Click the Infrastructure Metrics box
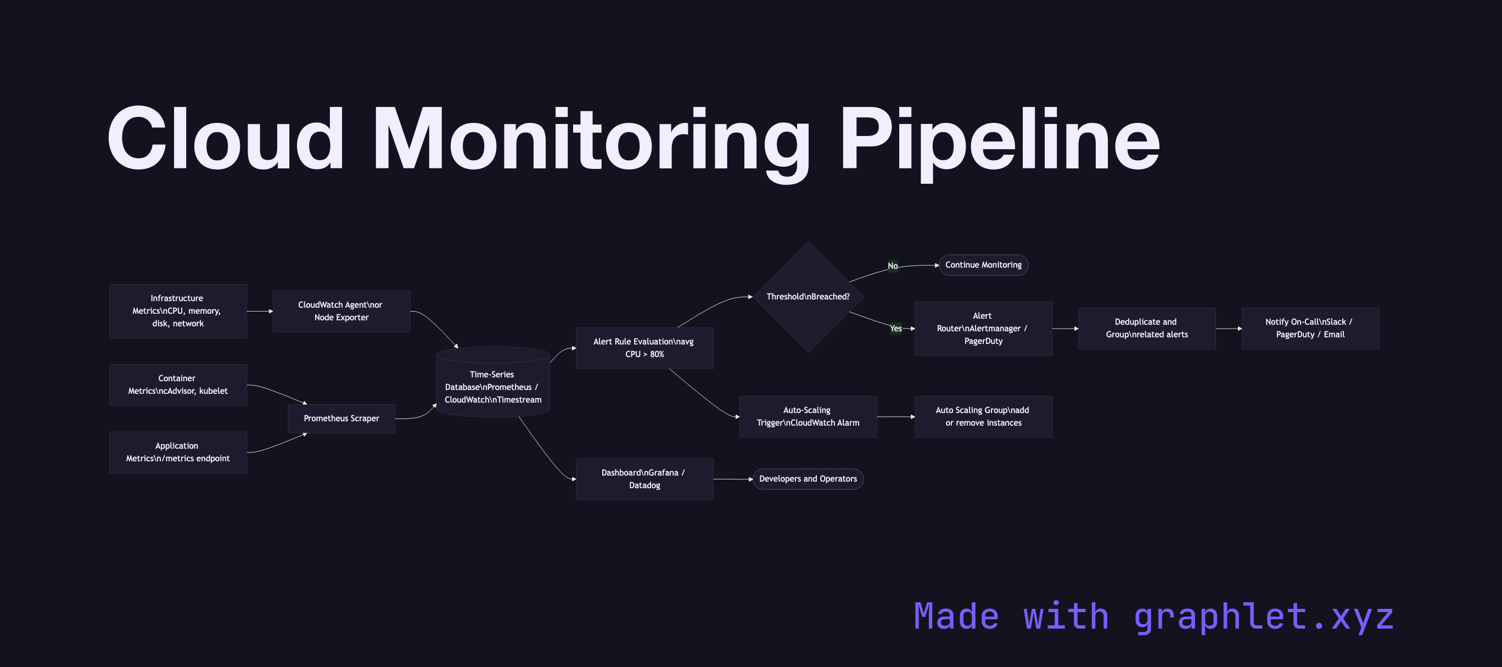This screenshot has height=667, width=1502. click(178, 311)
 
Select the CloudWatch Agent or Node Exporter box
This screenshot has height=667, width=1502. click(341, 311)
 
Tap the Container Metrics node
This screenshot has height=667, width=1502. click(178, 385)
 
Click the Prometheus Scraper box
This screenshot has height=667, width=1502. click(341, 419)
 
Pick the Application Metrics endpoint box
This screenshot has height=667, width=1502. click(178, 452)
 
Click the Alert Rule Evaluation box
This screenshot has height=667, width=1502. click(644, 348)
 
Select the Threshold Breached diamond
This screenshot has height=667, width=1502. click(808, 297)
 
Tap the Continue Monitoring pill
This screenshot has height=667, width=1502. click(983, 265)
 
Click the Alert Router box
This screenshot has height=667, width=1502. click(983, 329)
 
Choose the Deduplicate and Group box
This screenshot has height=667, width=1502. click(1146, 329)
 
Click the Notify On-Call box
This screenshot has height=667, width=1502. click(1310, 329)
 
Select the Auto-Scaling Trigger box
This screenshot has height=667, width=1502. click(808, 416)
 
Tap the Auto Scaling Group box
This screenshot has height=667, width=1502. click(983, 416)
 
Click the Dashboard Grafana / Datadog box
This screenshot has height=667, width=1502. click(644, 479)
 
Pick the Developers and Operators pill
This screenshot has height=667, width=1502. click(808, 479)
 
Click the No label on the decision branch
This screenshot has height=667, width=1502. click(892, 265)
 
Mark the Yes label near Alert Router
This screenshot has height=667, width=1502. click(895, 329)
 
